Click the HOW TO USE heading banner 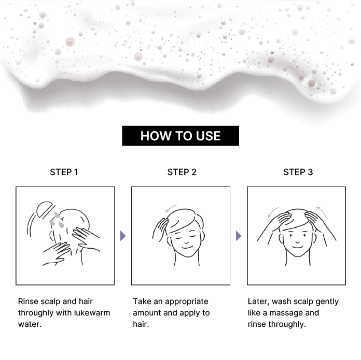(x=180, y=136)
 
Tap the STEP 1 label (x=64, y=172)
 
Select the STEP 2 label (x=182, y=172)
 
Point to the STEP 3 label (x=298, y=172)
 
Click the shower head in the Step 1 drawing (x=45, y=209)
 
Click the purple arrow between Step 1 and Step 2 (x=123, y=236)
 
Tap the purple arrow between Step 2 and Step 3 (x=239, y=236)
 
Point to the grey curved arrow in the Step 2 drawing (x=171, y=208)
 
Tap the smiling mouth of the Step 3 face (x=297, y=247)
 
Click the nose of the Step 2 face (x=186, y=242)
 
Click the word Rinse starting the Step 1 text (x=27, y=301)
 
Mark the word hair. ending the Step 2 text (x=141, y=324)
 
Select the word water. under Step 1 (x=30, y=324)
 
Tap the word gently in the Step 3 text (x=327, y=302)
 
